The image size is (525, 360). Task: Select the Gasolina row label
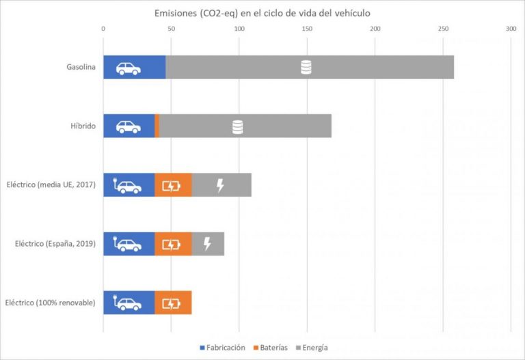coord(81,68)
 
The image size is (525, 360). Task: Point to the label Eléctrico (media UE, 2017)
coord(51,184)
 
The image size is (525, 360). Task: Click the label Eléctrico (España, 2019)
coord(54,243)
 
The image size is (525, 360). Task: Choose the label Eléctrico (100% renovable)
coord(50,302)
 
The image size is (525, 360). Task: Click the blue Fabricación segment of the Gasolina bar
coord(134,68)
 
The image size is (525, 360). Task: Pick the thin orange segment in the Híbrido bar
coord(157,126)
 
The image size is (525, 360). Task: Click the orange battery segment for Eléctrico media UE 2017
coord(173,185)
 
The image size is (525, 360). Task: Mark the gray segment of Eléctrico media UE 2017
coord(221,185)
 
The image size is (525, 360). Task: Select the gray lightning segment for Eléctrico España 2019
coord(208,244)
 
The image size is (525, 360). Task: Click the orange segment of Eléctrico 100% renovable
coord(173,303)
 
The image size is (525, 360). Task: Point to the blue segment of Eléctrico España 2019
coord(129,244)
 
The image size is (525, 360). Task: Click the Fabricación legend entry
coord(222,348)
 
